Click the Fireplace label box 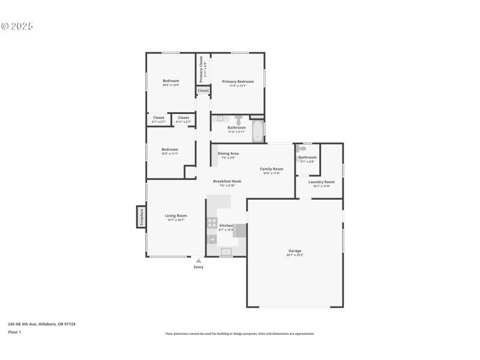point(141,217)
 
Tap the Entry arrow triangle point(199,260)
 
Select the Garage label point(295,251)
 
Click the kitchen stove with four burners point(212,223)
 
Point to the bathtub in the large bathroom point(258,131)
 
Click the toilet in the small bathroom point(302,148)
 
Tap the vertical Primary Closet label point(202,70)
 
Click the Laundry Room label point(321,182)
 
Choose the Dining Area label point(228,154)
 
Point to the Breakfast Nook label point(227,181)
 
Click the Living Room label point(176,215)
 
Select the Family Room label point(271,169)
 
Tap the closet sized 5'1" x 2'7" point(158,119)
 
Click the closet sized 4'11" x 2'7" point(183,119)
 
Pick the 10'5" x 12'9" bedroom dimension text point(170,85)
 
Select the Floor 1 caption point(14,332)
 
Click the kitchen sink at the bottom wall point(226,252)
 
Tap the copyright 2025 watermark point(17,26)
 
